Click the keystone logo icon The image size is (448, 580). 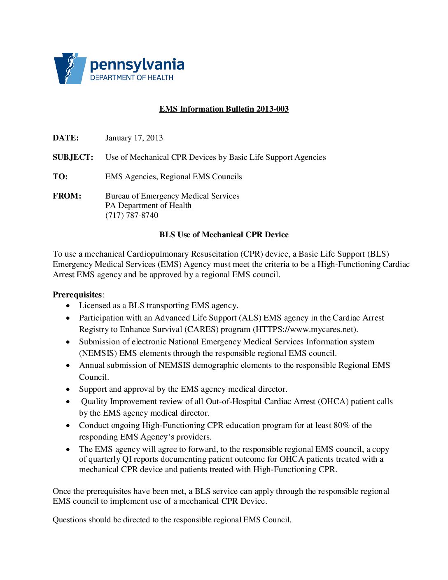[x=69, y=68]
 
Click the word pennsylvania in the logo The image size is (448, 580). [x=137, y=65]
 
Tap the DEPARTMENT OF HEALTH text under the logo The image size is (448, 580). [x=132, y=77]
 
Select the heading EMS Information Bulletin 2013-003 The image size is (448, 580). [x=224, y=109]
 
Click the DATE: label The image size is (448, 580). [x=66, y=138]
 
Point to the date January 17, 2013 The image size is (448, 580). [x=134, y=138]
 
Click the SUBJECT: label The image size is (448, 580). [x=73, y=157]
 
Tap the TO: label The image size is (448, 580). [x=60, y=177]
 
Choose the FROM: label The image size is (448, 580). [x=67, y=196]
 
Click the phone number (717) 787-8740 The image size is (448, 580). [x=132, y=215]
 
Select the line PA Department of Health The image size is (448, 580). [x=148, y=206]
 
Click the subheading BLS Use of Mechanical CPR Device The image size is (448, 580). [x=224, y=235]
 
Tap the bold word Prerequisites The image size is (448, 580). [x=77, y=295]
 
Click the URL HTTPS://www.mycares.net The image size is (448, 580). [x=305, y=330]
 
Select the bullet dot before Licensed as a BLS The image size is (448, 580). [x=68, y=306]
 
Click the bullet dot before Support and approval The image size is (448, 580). [x=68, y=390]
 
